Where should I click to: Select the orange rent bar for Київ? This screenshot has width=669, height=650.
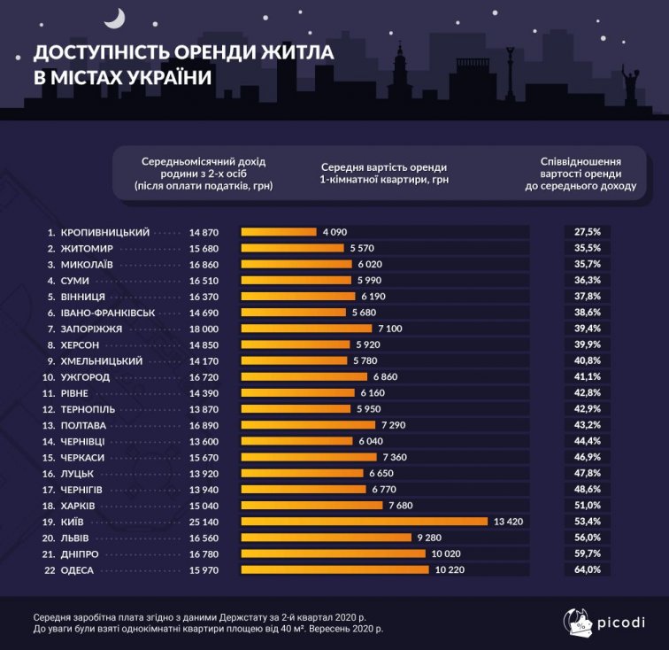coord(364,522)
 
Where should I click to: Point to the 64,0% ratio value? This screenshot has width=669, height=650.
coord(588,569)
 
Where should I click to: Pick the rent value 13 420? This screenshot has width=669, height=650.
coord(509,522)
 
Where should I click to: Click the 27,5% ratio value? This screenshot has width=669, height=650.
coord(588,232)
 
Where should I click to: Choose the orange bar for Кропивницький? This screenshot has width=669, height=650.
coord(278,232)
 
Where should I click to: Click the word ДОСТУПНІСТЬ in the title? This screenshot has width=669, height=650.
coord(111,52)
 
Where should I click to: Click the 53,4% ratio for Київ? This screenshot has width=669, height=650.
coord(588,522)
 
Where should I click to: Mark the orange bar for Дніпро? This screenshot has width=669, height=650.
coord(333,553)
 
